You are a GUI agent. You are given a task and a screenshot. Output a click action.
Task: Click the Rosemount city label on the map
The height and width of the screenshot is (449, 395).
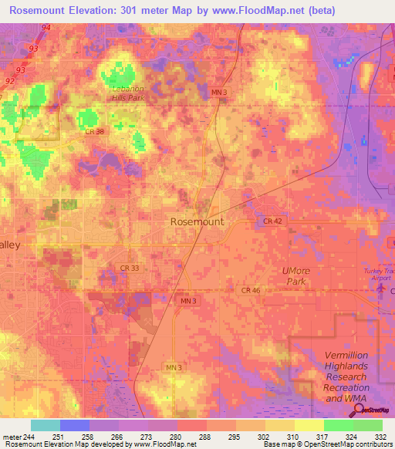click(x=197, y=221)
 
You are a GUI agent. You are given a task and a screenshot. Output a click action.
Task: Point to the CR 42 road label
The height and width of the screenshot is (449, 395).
click(x=272, y=221)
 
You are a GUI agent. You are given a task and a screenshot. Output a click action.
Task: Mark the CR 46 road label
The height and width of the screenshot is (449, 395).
click(x=251, y=290)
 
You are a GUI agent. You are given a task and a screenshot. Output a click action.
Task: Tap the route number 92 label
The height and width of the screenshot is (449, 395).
click(x=10, y=80)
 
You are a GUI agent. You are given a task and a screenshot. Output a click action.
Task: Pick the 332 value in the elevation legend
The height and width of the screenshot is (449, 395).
click(x=380, y=436)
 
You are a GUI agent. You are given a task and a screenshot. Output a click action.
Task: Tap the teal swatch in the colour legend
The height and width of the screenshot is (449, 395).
click(x=46, y=425)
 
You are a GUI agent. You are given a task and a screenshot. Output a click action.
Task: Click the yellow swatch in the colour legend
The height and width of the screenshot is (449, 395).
click(x=309, y=425)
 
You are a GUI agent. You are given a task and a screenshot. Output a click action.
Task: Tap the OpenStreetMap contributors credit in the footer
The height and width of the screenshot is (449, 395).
click(x=339, y=445)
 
